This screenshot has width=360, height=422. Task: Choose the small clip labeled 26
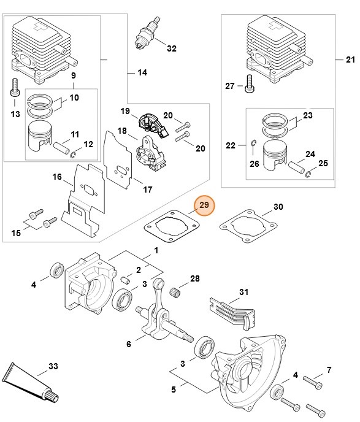[252, 145]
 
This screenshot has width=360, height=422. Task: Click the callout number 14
[142, 72]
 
